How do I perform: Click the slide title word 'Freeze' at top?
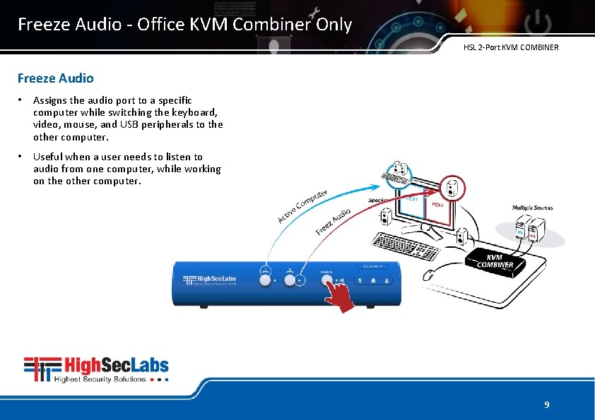(40, 25)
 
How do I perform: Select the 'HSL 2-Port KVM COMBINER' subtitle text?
(510, 47)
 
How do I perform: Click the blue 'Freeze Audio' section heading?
(55, 78)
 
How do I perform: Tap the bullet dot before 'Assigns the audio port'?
(22, 100)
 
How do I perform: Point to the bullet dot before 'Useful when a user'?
(22, 157)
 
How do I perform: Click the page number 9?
(546, 404)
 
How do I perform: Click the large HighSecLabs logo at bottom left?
(96, 369)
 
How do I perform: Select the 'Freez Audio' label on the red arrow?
(333, 222)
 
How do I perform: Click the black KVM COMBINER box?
(495, 260)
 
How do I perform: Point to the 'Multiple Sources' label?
(532, 208)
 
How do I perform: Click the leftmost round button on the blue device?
(266, 280)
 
